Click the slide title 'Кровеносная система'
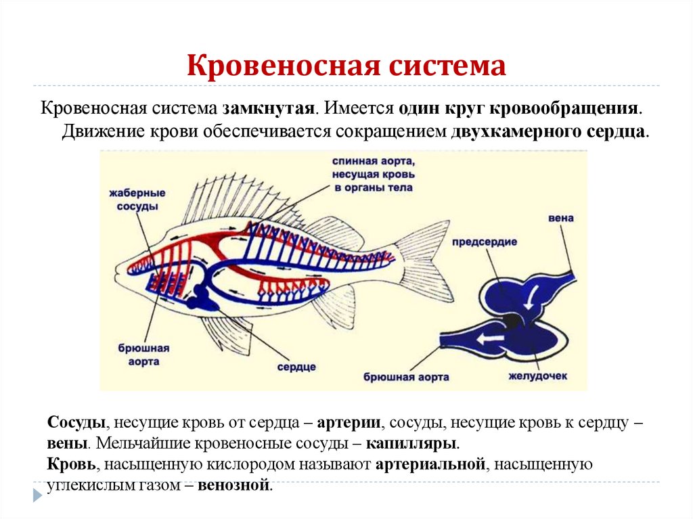pyautogui.click(x=346, y=66)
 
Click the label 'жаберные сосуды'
pyautogui.click(x=133, y=200)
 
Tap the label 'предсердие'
pyautogui.click(x=485, y=241)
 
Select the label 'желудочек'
pyautogui.click(x=539, y=375)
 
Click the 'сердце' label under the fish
pyautogui.click(x=296, y=366)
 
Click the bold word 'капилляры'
pyautogui.click(x=412, y=444)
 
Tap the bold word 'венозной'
pyautogui.click(x=234, y=484)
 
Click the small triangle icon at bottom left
pyautogui.click(x=37, y=494)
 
